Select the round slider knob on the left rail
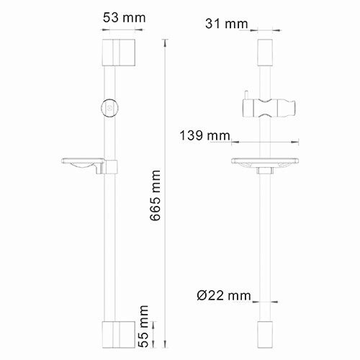coord(109,107)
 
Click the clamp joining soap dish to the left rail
coord(110,166)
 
